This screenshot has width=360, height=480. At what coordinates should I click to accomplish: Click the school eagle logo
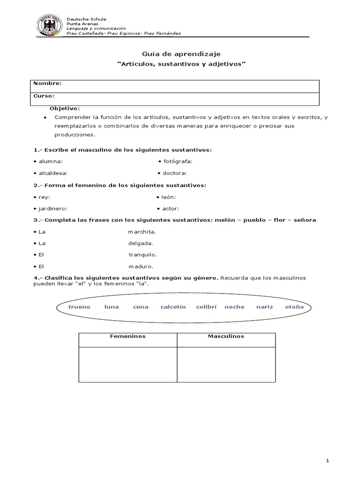point(50,26)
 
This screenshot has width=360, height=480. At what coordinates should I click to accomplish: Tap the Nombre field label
point(47,83)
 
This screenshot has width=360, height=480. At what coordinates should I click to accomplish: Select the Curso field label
point(45,96)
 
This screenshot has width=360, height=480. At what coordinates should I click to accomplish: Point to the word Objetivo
point(65,108)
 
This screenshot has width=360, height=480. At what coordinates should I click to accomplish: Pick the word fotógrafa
point(178,161)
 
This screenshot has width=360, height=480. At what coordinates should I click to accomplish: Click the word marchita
point(142,232)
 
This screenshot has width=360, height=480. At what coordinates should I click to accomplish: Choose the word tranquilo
point(143,255)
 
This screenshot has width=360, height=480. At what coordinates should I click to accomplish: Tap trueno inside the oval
point(79,307)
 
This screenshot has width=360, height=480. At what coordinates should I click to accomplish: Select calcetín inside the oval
point(173,307)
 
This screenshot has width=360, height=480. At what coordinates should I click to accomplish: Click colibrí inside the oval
point(206,307)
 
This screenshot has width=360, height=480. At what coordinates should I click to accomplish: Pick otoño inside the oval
point(294,307)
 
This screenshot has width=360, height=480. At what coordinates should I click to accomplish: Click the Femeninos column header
point(127,337)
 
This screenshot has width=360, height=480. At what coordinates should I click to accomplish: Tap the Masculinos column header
point(226,337)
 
